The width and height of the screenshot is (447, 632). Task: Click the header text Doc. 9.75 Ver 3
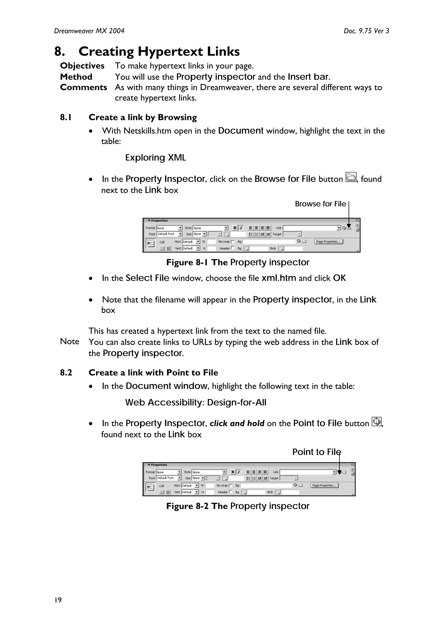(x=366, y=31)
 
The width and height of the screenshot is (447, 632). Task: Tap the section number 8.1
(x=66, y=118)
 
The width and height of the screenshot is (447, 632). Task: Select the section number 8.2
(x=66, y=373)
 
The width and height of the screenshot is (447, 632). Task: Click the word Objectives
(x=82, y=66)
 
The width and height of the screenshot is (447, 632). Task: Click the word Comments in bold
(x=83, y=87)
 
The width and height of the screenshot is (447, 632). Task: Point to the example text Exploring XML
(x=155, y=158)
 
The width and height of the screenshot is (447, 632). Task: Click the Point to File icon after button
(x=377, y=421)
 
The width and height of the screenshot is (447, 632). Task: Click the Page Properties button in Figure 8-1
(x=328, y=242)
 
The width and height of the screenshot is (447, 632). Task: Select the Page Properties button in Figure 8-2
(x=324, y=486)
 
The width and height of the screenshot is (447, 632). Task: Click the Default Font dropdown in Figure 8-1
(x=169, y=234)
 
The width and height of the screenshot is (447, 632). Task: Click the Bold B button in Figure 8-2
(x=233, y=472)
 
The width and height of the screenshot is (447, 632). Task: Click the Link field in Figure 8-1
(x=310, y=228)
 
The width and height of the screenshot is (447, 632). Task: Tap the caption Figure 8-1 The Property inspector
(x=237, y=262)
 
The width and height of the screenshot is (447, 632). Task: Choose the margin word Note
(x=69, y=342)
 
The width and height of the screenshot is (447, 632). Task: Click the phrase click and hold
(x=237, y=423)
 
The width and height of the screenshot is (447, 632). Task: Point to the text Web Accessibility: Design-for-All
(x=196, y=403)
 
